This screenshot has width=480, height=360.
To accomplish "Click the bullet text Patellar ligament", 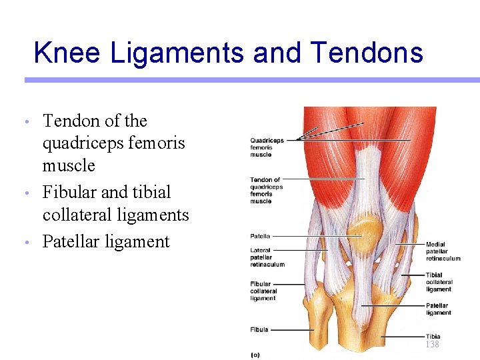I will (x=106, y=241).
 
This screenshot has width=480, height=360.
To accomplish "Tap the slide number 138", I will (x=432, y=344).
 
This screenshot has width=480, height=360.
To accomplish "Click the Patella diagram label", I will (x=260, y=236).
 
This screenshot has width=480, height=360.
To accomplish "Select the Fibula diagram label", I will (x=259, y=329).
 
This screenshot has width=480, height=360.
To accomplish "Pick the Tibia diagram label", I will (x=433, y=336).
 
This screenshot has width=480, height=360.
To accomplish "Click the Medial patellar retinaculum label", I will (x=443, y=251).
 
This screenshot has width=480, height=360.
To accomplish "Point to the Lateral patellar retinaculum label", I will (x=267, y=257).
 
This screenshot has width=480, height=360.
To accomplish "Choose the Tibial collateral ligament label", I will (x=439, y=282).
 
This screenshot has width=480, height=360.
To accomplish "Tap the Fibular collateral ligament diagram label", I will (x=263, y=291).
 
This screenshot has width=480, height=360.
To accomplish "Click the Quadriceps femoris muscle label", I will (x=267, y=147).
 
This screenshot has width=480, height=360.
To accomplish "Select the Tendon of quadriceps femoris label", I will (x=267, y=190).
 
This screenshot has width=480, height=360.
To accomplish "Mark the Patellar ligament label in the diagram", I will (x=439, y=309).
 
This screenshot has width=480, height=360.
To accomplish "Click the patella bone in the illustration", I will (x=364, y=231).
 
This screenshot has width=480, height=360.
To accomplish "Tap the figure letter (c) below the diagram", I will (x=255, y=355).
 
